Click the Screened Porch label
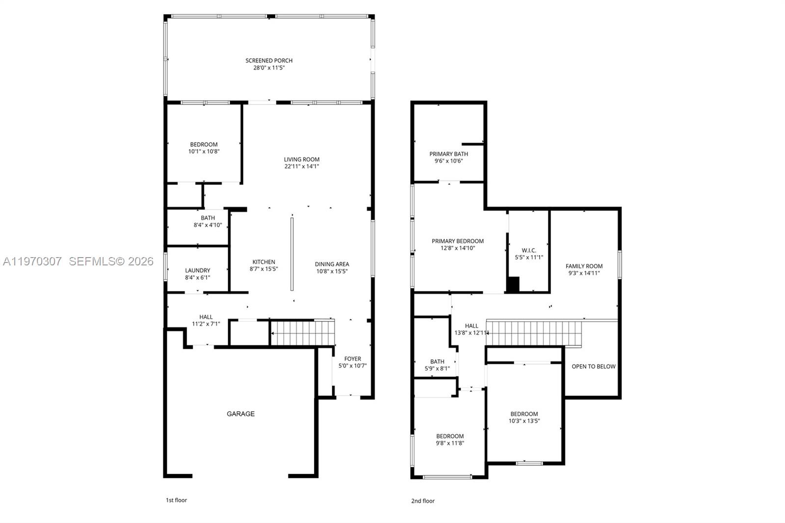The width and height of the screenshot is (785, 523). coord(269,60)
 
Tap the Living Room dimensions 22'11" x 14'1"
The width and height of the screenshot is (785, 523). coord(301,166)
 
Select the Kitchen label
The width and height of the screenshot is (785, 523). coord(263,261)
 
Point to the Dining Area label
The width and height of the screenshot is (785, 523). coord(332,264)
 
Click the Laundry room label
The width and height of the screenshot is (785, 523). coord(197,270)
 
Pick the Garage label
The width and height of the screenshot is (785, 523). coord(240,414)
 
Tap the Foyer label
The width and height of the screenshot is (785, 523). coord(352,359)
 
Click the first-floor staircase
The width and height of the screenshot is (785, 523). coord(302,333)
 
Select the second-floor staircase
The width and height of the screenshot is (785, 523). coord(534,334)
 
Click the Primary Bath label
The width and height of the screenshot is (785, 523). coord(448,154)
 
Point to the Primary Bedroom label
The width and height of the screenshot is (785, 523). coord(457,241)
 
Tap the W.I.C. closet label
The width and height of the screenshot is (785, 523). coord(528,250)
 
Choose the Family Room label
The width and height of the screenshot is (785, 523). coord(584,266)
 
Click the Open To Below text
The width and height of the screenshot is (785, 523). coord(593,366)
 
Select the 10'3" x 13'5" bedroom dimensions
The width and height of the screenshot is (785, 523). coord(524,421)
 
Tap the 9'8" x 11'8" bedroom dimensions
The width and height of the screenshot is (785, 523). coord(450,443)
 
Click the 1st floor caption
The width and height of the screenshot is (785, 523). coord(176,500)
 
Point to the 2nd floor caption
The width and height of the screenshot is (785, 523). coord(422,501)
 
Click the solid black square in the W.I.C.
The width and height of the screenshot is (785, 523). coord(512,285)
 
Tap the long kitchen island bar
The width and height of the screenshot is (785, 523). coord(292,254)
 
